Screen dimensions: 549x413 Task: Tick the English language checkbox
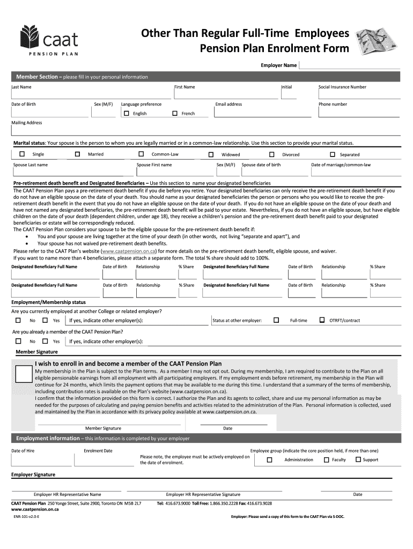127,114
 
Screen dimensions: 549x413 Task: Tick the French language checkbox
174,114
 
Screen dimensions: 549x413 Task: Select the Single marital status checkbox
22,154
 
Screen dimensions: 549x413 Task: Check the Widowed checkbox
211,154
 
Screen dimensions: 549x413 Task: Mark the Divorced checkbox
271,154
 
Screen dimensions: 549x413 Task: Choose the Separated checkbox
329,154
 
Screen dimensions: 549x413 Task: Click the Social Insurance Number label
342,87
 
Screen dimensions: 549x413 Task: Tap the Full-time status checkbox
276,320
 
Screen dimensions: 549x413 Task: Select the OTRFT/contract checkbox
322,320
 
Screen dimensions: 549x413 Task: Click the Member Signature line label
103,428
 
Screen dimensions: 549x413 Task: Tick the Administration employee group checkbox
270,460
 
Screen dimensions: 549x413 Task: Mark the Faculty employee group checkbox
326,459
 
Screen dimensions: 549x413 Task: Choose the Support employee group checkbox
358,459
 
